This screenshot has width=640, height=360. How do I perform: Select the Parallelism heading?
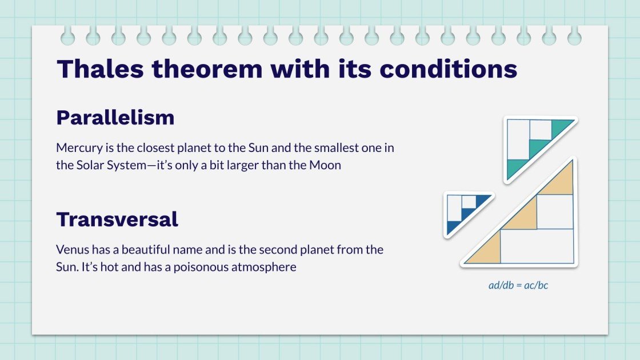click(x=115, y=118)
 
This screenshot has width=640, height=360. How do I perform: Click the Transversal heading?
click(x=117, y=219)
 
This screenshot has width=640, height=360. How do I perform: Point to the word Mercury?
click(x=79, y=148)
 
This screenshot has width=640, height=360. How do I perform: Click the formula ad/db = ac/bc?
click(x=518, y=285)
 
